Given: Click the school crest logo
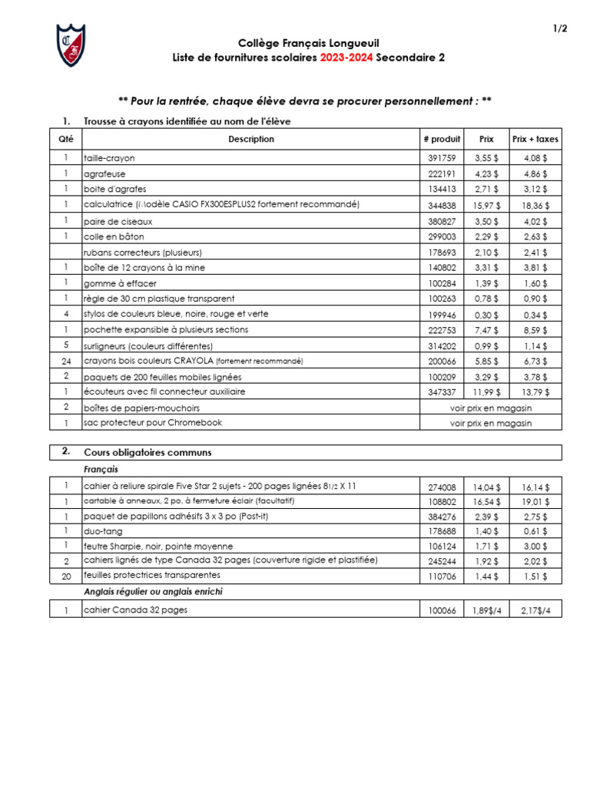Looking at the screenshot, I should (x=71, y=45).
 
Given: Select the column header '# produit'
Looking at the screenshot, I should (x=442, y=139).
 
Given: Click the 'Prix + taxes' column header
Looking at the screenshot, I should (x=535, y=139).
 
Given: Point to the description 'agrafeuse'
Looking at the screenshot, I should (x=104, y=173).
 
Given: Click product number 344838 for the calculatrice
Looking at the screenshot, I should (x=442, y=205).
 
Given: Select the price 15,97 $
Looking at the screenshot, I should (x=486, y=205).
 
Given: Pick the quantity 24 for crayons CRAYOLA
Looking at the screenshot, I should (x=66, y=361).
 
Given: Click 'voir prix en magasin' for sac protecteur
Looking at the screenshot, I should (x=491, y=423).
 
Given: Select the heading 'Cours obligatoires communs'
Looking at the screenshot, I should (x=147, y=452).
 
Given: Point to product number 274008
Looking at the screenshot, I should (x=442, y=487).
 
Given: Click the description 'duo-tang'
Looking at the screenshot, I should (x=103, y=530).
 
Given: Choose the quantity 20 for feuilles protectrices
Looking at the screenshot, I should (x=66, y=575).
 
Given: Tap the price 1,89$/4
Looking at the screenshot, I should (x=486, y=610).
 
